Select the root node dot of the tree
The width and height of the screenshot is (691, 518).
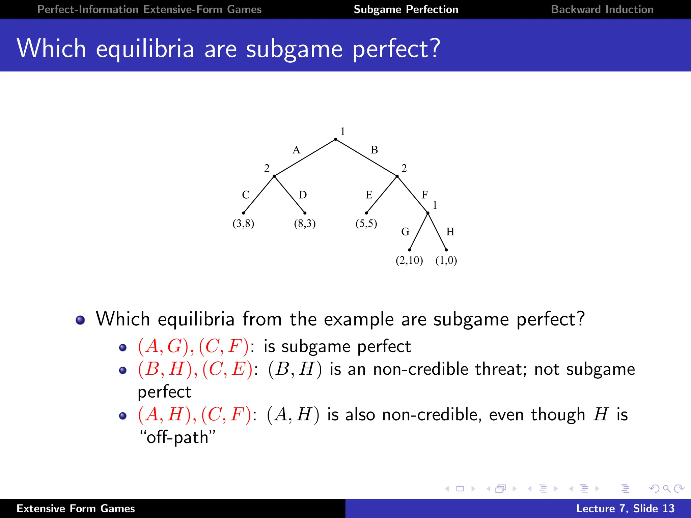click(x=335, y=139)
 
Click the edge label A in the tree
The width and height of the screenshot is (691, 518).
click(x=296, y=150)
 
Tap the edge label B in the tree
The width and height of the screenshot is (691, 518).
click(x=374, y=150)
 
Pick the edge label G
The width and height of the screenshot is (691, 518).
click(x=405, y=232)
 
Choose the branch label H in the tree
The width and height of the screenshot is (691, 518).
click(x=450, y=232)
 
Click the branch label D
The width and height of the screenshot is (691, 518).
click(x=303, y=195)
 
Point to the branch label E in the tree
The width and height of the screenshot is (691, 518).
click(x=369, y=195)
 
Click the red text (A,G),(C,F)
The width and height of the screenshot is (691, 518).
click(x=194, y=346)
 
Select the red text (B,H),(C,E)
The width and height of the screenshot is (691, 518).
click(x=195, y=369)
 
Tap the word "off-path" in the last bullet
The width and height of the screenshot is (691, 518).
click(x=177, y=437)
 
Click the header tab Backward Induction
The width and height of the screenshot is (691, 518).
click(x=602, y=9)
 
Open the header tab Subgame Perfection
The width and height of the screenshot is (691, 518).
click(x=406, y=9)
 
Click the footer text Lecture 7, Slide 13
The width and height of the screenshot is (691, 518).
click(x=625, y=508)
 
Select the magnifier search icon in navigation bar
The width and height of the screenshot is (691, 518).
click(x=666, y=489)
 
